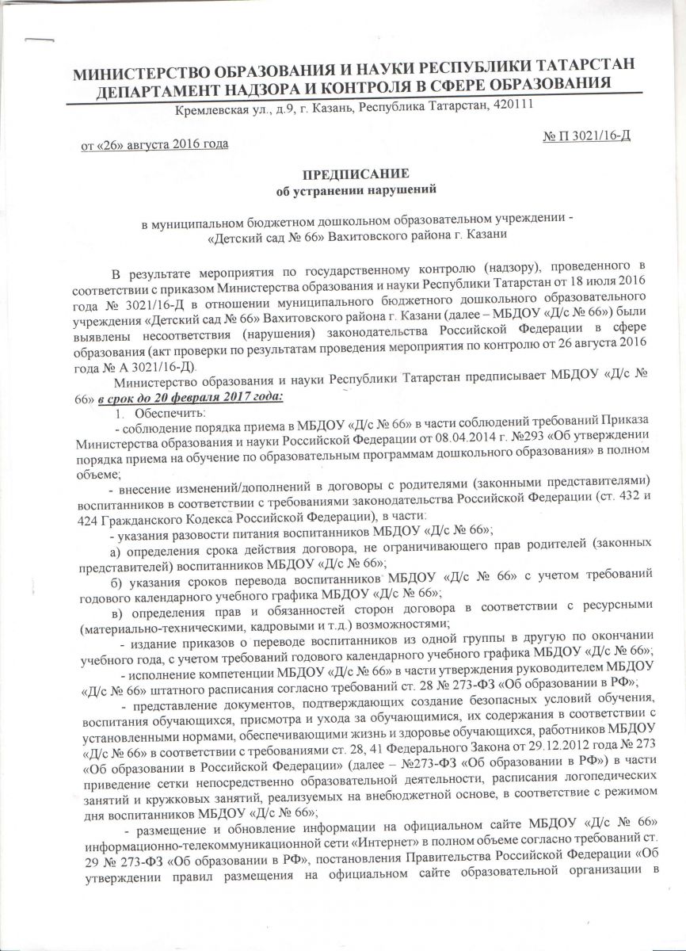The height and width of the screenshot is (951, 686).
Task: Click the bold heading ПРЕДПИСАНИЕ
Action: click(342, 174)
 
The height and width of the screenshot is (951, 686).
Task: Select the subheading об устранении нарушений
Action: click(343, 189)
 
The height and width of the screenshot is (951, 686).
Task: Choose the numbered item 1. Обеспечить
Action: click(157, 413)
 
